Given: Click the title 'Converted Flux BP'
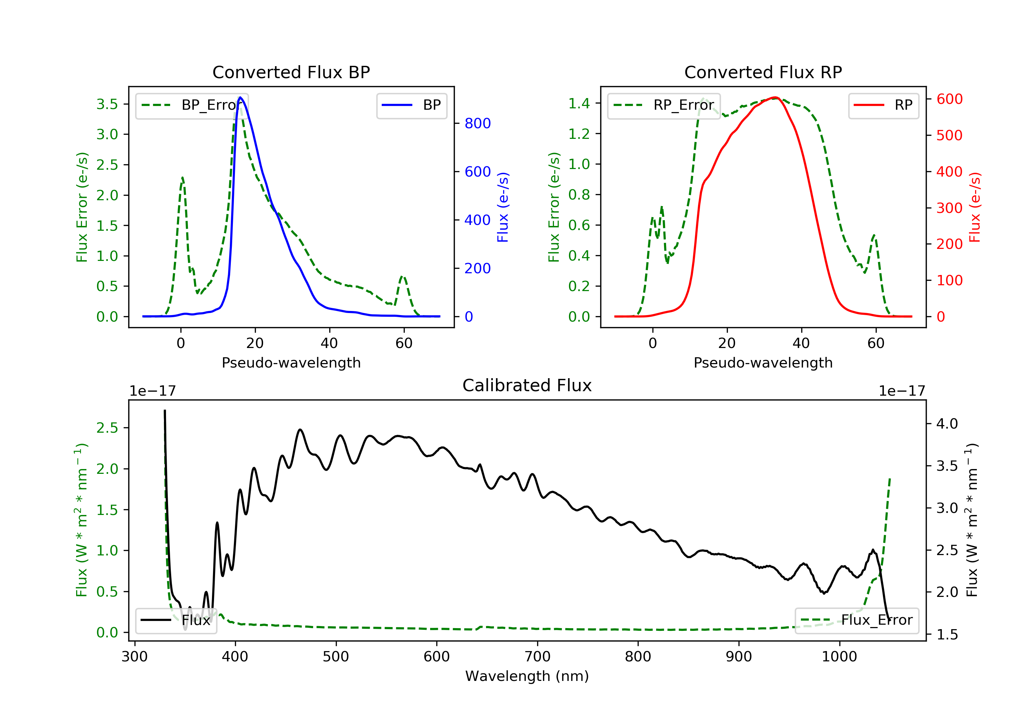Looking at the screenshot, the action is (291, 72).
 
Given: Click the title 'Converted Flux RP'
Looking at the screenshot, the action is (763, 72).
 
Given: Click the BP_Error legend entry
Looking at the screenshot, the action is (192, 105).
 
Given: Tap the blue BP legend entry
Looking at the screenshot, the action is (411, 105).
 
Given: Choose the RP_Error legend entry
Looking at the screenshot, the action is (664, 105).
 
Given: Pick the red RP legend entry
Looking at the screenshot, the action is (883, 105).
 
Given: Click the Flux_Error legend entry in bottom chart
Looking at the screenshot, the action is (856, 620).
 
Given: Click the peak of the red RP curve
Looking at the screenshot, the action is (775, 97).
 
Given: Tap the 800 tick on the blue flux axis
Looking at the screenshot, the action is (478, 123).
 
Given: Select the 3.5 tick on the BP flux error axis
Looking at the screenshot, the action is (107, 104).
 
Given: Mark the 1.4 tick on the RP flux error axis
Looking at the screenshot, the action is (579, 104).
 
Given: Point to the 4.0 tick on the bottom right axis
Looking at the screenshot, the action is (947, 423).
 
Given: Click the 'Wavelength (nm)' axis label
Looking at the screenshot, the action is (527, 676).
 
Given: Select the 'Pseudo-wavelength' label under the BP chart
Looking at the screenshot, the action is (291, 363).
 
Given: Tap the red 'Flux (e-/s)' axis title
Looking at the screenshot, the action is (975, 207).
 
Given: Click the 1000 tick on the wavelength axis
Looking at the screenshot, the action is (839, 656).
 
